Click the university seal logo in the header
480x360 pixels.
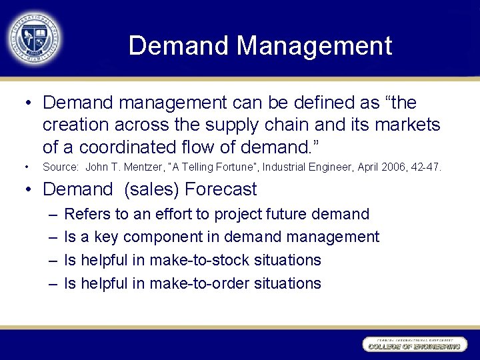point(33,37)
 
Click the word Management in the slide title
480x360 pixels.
point(314,46)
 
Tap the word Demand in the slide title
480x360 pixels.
point(179,46)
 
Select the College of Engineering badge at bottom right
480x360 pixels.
point(413,345)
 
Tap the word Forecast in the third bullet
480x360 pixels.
point(221,189)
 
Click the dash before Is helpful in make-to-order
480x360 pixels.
point(53,283)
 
